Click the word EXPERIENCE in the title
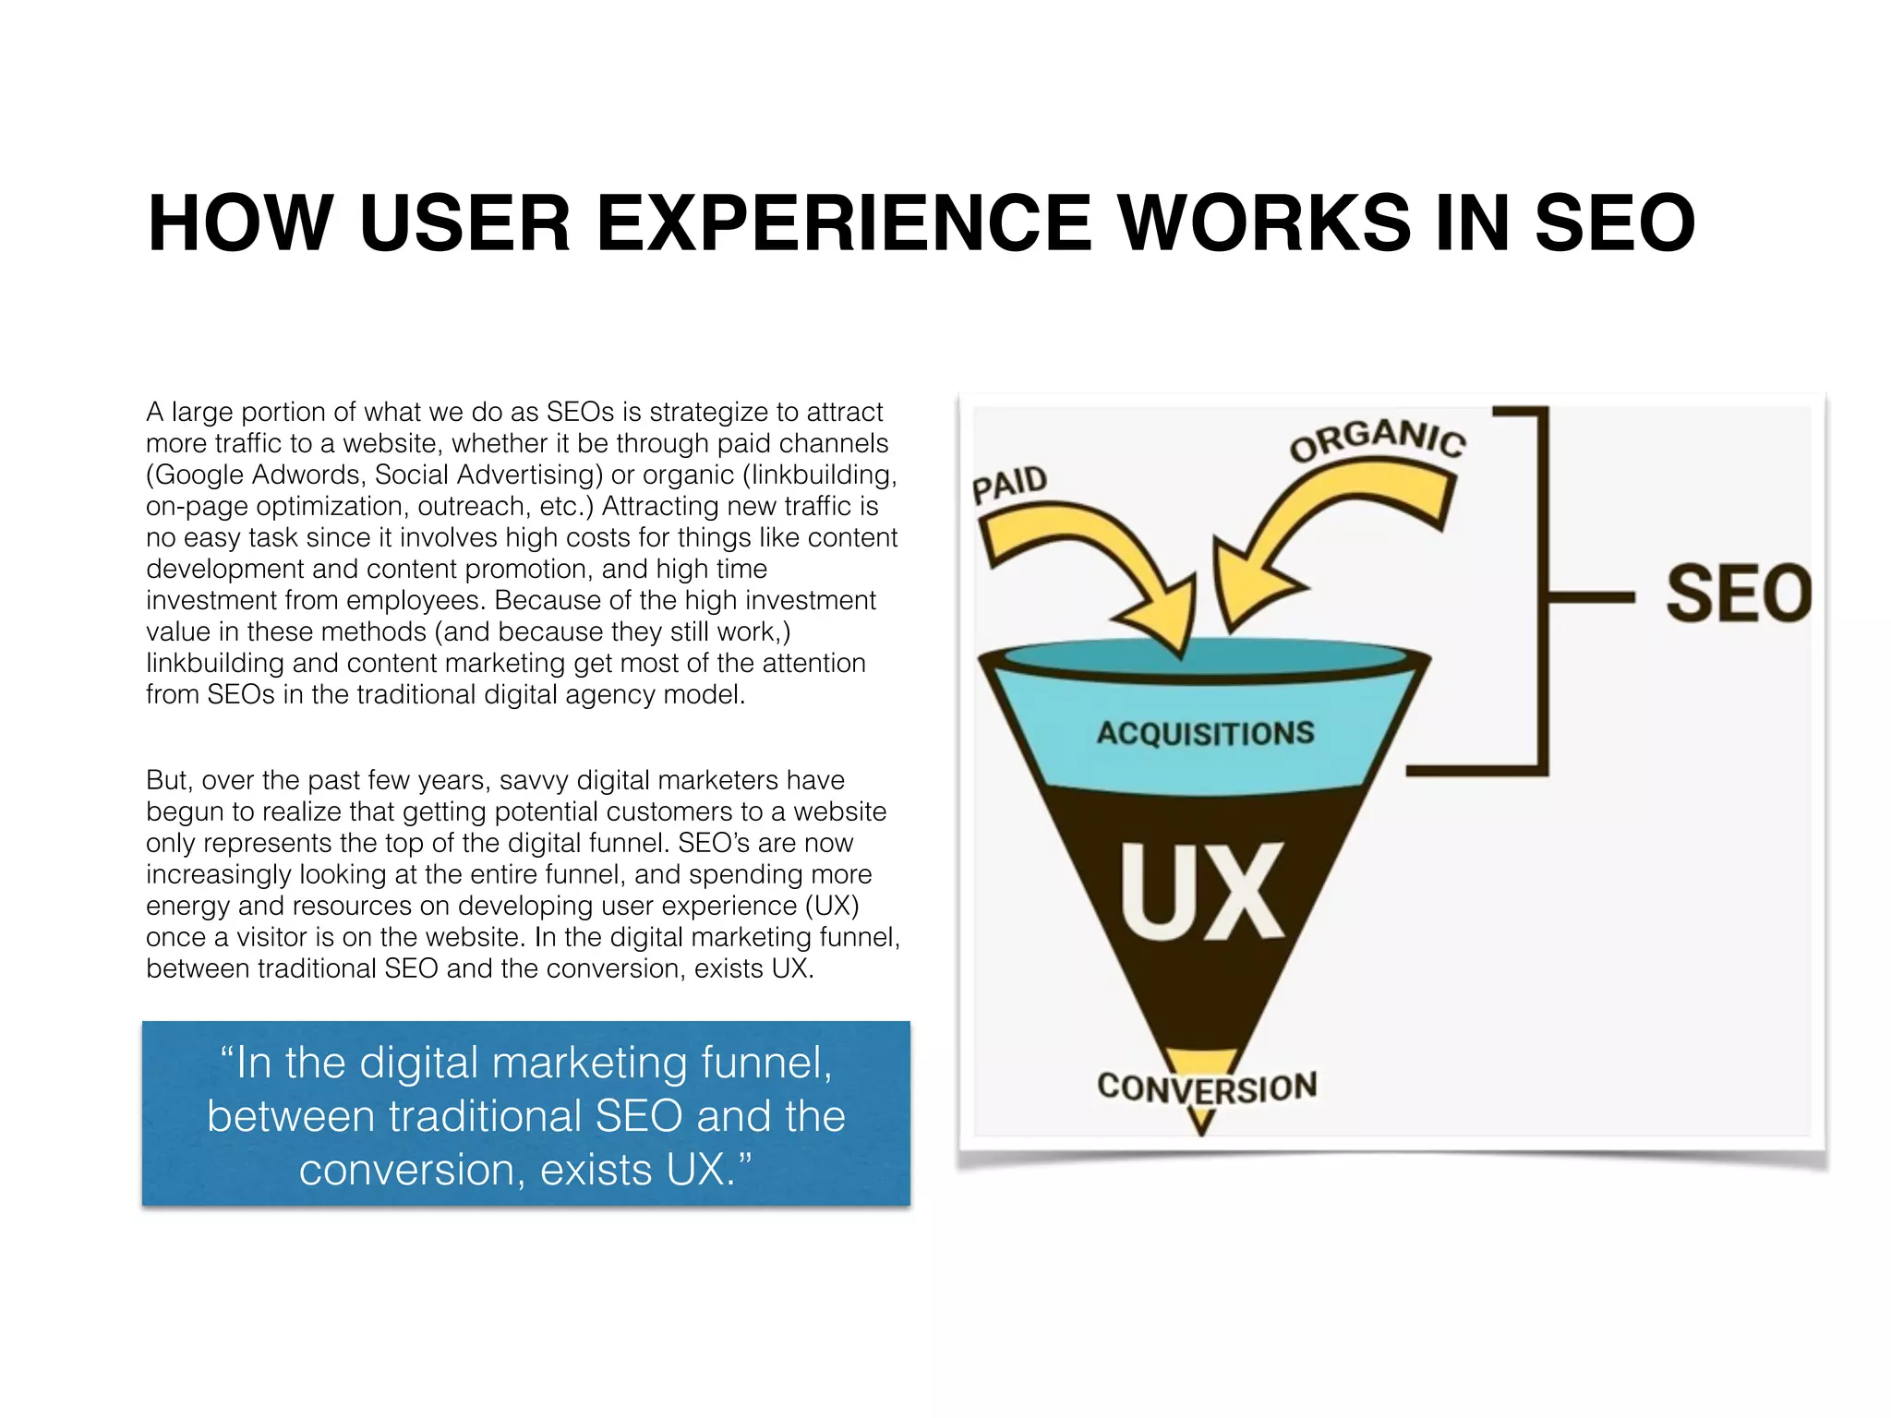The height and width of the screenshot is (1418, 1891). [x=844, y=223]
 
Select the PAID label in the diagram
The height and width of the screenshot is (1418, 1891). [x=1009, y=483]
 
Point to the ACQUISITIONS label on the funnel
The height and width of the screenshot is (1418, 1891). [x=1205, y=733]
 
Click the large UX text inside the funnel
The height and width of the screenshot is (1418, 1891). [x=1201, y=892]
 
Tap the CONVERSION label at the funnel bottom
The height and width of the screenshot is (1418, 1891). [x=1207, y=1088]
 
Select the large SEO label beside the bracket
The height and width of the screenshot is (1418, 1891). [x=1739, y=594]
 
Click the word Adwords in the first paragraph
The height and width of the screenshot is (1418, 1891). [x=308, y=475]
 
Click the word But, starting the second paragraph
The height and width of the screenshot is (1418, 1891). [x=169, y=780]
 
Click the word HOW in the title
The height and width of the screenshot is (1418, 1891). [x=240, y=223]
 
